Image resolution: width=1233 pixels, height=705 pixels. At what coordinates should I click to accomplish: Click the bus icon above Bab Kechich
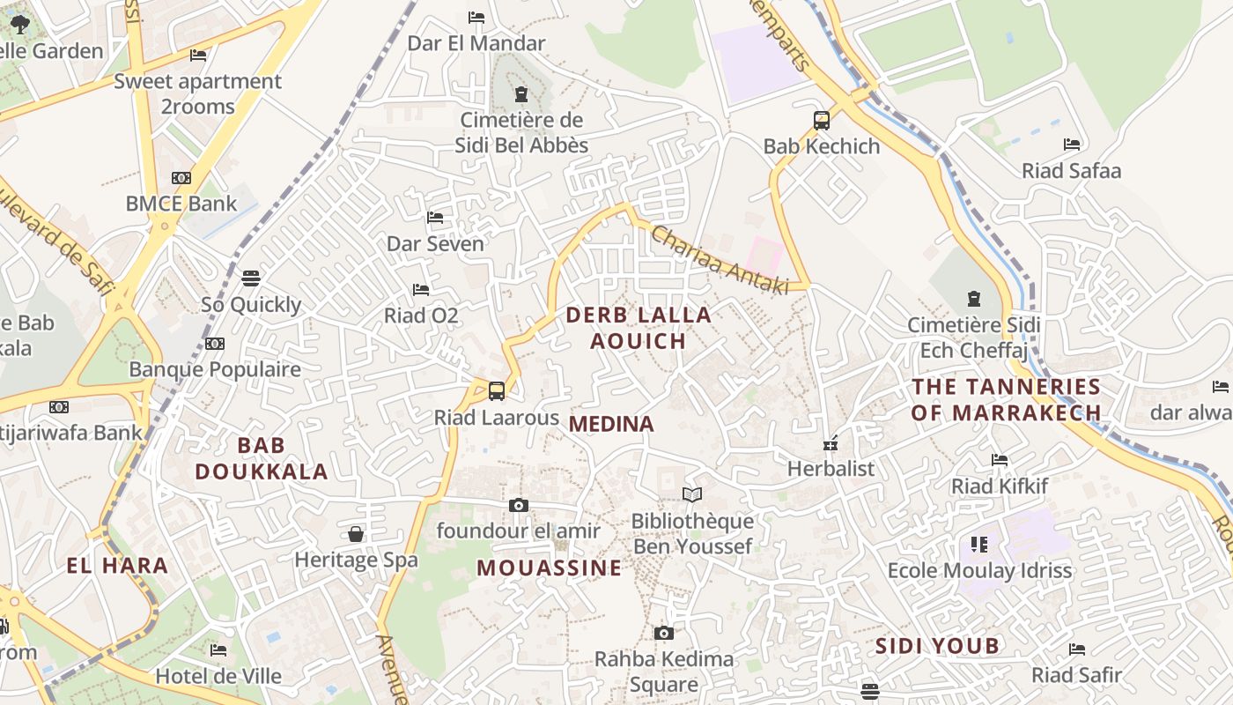[x=821, y=121]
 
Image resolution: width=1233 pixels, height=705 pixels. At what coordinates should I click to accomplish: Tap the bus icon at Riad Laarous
[x=497, y=390]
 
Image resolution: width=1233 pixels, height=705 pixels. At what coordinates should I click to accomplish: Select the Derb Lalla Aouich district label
[x=639, y=328]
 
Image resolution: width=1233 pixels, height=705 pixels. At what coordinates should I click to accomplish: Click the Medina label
[x=611, y=424]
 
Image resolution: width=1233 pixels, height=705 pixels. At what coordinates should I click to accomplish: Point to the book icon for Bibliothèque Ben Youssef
[x=692, y=494]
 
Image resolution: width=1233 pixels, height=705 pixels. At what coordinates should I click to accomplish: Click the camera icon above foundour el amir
[x=519, y=505]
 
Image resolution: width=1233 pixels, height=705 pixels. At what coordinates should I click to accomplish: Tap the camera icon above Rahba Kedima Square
[x=664, y=633]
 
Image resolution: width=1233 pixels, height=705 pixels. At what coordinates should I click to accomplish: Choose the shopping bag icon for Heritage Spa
[x=356, y=534]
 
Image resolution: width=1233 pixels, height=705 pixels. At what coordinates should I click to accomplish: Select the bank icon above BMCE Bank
[x=181, y=178]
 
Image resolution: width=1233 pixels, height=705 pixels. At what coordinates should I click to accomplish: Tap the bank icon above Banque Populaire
[x=215, y=344]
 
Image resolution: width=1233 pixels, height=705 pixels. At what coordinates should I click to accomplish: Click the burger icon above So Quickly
[x=251, y=278]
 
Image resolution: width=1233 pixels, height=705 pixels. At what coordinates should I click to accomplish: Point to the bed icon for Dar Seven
[x=435, y=217]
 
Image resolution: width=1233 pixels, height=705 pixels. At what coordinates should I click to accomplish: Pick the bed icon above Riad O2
[x=421, y=289]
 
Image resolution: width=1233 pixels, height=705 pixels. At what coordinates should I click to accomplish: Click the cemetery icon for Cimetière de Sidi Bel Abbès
[x=521, y=93]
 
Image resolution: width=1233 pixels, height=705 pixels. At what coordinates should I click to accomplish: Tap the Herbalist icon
[x=830, y=443]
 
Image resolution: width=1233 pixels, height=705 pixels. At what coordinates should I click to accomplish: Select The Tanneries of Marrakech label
[x=1006, y=399]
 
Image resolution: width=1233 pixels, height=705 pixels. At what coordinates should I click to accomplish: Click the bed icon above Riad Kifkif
[x=1000, y=459]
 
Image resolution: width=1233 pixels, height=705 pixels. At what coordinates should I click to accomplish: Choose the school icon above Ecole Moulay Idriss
[x=979, y=545]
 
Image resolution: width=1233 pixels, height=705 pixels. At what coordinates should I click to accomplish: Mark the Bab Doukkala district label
[x=261, y=457]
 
